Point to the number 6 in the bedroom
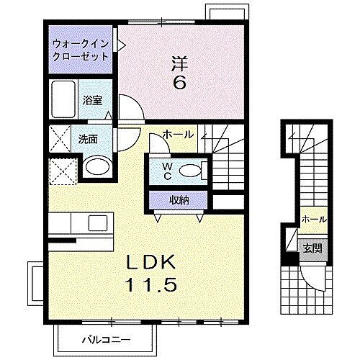(x=179, y=82)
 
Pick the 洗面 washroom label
(x=88, y=139)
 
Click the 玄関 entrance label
(x=312, y=248)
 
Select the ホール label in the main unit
(x=177, y=134)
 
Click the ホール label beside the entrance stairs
(x=314, y=219)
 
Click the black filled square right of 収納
(x=229, y=202)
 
